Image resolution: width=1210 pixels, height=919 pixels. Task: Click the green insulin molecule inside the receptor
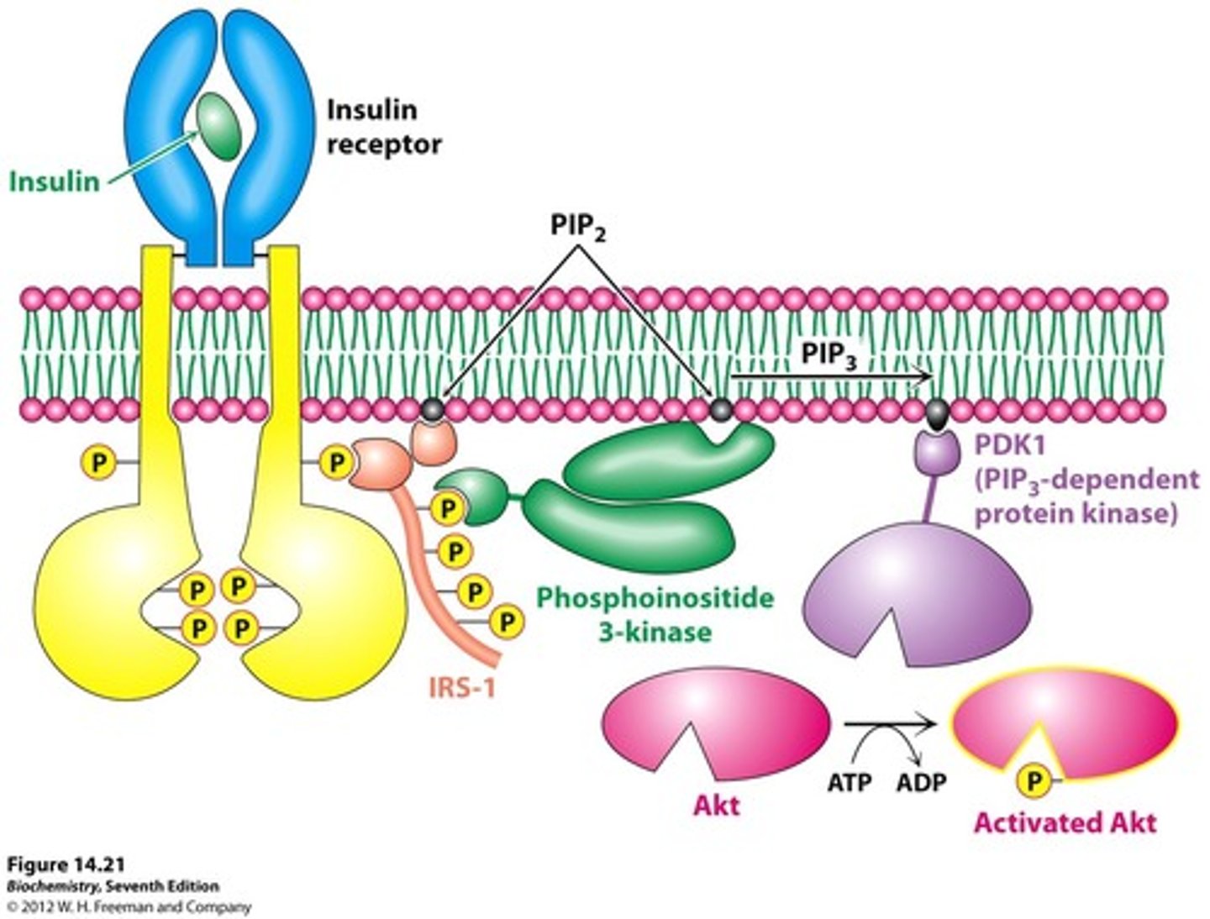(x=218, y=125)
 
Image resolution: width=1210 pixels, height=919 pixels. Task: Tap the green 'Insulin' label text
(x=54, y=181)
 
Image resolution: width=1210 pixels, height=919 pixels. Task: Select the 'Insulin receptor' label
(x=383, y=127)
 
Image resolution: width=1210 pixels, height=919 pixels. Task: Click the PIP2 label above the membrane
(x=578, y=227)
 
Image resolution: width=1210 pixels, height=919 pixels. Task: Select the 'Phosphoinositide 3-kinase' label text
(x=655, y=614)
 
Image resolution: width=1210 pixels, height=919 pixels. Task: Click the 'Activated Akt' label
(x=1065, y=822)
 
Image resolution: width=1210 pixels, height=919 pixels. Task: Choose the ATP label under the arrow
(x=850, y=783)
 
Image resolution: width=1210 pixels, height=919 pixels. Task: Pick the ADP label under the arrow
(x=921, y=783)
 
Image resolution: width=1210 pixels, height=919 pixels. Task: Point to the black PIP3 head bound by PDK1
(x=937, y=412)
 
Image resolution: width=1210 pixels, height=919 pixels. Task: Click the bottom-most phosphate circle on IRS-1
(x=507, y=622)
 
